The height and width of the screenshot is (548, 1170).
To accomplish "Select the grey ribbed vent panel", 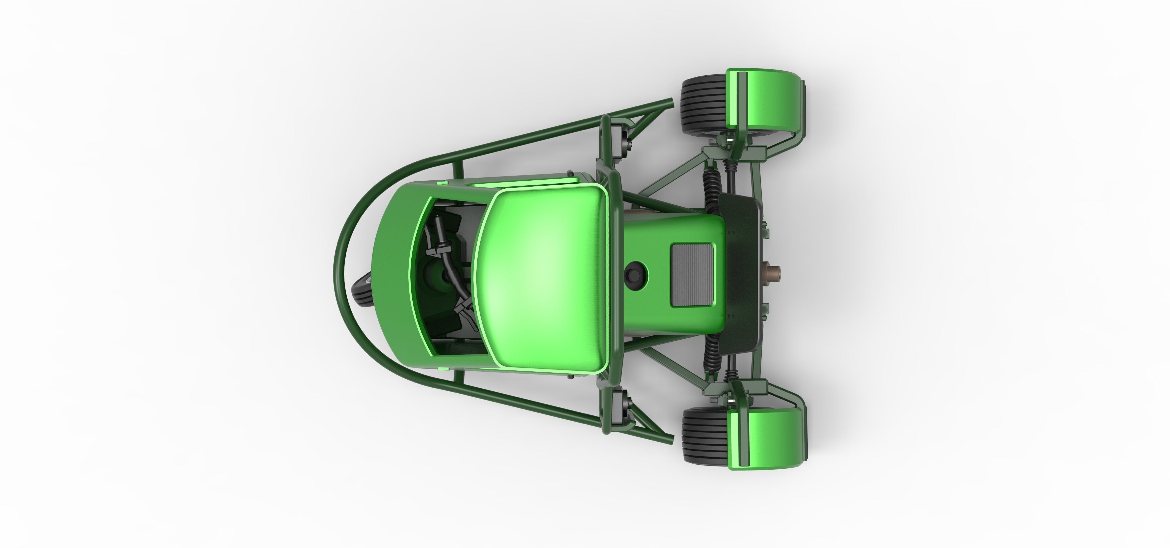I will (692, 274).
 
